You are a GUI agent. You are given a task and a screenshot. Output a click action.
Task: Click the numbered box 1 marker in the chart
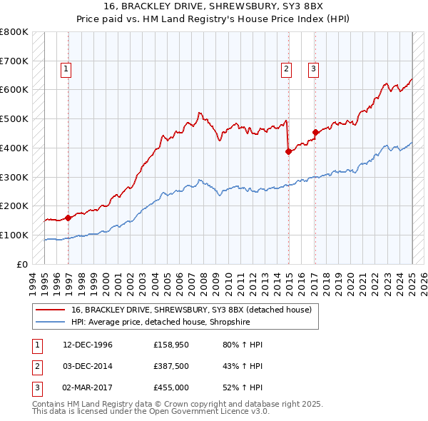pos(66,69)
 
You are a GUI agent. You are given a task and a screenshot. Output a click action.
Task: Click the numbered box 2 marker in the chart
pos(285,69)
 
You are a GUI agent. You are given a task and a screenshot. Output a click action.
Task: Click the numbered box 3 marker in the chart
pos(313,69)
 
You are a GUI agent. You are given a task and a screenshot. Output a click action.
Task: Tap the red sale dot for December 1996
pos(68,218)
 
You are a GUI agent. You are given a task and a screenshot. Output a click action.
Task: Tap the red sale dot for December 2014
pos(288,151)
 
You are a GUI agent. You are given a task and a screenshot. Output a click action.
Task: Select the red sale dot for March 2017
pos(315,131)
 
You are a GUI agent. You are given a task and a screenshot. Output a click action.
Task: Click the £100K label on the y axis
pos(14,235)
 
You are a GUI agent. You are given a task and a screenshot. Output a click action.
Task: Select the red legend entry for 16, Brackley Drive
pos(191,310)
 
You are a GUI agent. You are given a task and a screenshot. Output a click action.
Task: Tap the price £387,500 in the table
pos(171,367)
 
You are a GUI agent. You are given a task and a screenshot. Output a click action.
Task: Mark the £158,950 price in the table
pos(171,345)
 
